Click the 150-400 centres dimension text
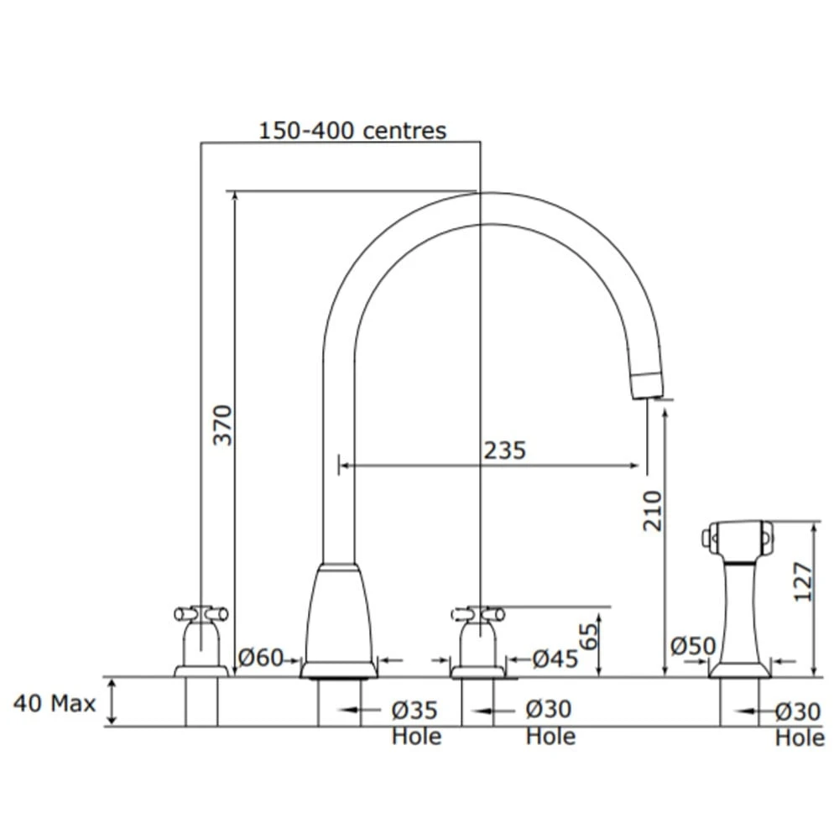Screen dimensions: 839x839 point(352,131)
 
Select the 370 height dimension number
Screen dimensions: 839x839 point(222,425)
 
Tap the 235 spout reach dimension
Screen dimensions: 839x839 point(504,451)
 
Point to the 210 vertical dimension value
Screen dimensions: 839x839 point(652,510)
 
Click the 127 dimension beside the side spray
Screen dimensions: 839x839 point(803,581)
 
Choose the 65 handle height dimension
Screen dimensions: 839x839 point(589,636)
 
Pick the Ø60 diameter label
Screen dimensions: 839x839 point(261,658)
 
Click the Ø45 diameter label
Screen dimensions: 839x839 point(555,659)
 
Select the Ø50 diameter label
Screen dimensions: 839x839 point(693,646)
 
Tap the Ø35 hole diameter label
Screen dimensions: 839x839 point(414,711)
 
